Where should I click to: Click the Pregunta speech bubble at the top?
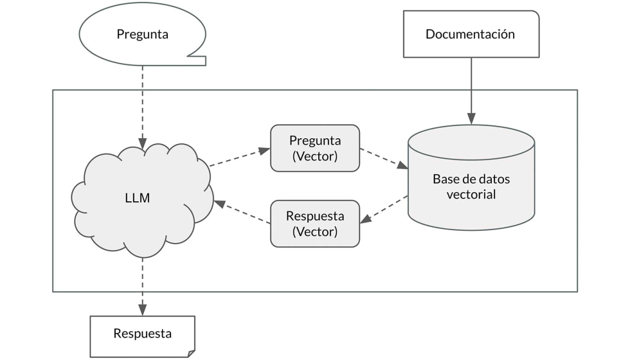142,34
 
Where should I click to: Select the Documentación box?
470,34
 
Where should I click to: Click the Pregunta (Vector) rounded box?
315,148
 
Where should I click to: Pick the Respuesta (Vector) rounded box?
315,224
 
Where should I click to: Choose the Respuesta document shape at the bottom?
142,334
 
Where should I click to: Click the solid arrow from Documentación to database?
471,90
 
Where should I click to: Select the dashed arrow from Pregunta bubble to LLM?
142,103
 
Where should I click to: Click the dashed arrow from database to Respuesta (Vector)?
384,209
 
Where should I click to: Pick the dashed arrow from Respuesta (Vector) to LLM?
242,212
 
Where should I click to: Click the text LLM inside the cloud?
137,198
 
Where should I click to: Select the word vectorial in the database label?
471,194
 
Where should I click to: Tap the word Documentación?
470,34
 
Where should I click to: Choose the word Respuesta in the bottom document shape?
142,334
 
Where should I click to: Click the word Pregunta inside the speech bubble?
142,34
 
